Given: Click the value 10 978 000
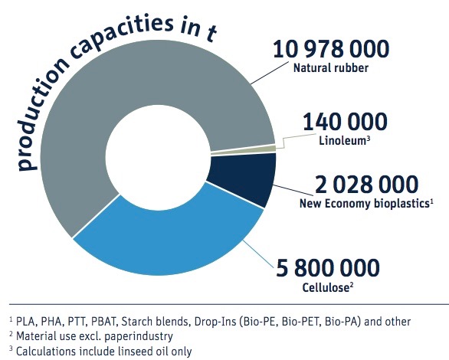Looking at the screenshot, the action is click(331, 49).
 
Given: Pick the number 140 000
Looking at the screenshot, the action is click(345, 121).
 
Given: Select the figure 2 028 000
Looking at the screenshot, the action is click(366, 185).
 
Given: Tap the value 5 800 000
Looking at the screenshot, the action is click(328, 267).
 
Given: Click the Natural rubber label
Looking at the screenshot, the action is click(331, 68).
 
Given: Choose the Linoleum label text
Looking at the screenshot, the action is click(342, 140).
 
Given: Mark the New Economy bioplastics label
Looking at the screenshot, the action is click(364, 204).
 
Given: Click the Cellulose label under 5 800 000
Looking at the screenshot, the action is click(326, 287).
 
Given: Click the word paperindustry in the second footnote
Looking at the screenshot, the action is click(139, 336).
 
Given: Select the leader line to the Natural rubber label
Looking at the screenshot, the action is click(270, 73).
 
